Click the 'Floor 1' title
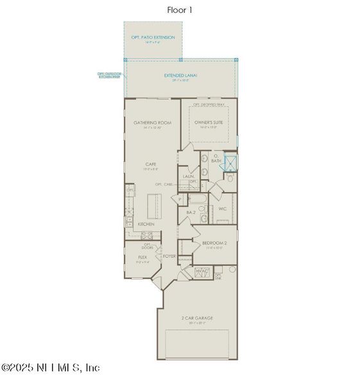pos(180,10)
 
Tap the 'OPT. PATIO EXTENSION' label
pos(153,38)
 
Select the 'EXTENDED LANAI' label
pos(180,76)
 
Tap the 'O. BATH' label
pos(216,158)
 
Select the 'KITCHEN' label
pos(146,224)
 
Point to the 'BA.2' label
pos(191,212)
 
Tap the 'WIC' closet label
pos(223,209)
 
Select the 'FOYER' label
pos(169,256)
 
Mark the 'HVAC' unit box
pos(203,272)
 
